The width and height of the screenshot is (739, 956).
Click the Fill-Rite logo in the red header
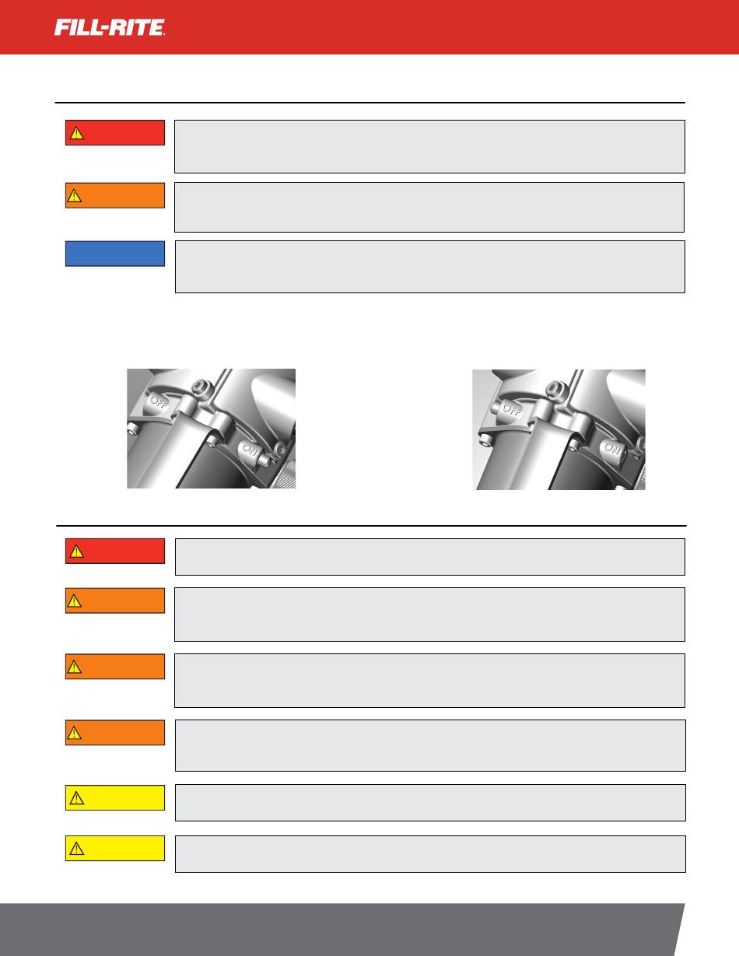110,27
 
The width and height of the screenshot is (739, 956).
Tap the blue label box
115,254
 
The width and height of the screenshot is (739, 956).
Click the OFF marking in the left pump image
158,401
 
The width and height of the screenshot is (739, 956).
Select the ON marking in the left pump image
250,449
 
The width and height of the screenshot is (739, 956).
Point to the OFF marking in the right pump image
511,409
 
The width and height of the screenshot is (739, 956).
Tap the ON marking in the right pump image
612,448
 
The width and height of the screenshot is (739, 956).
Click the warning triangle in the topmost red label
76,133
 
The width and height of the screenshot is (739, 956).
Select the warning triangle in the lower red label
76,552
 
